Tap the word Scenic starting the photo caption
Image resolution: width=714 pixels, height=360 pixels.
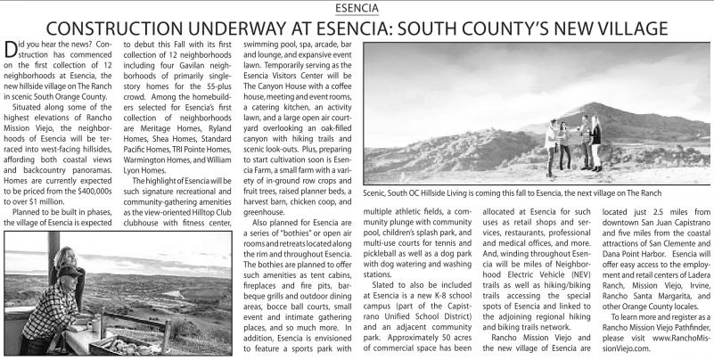pos(379,192)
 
